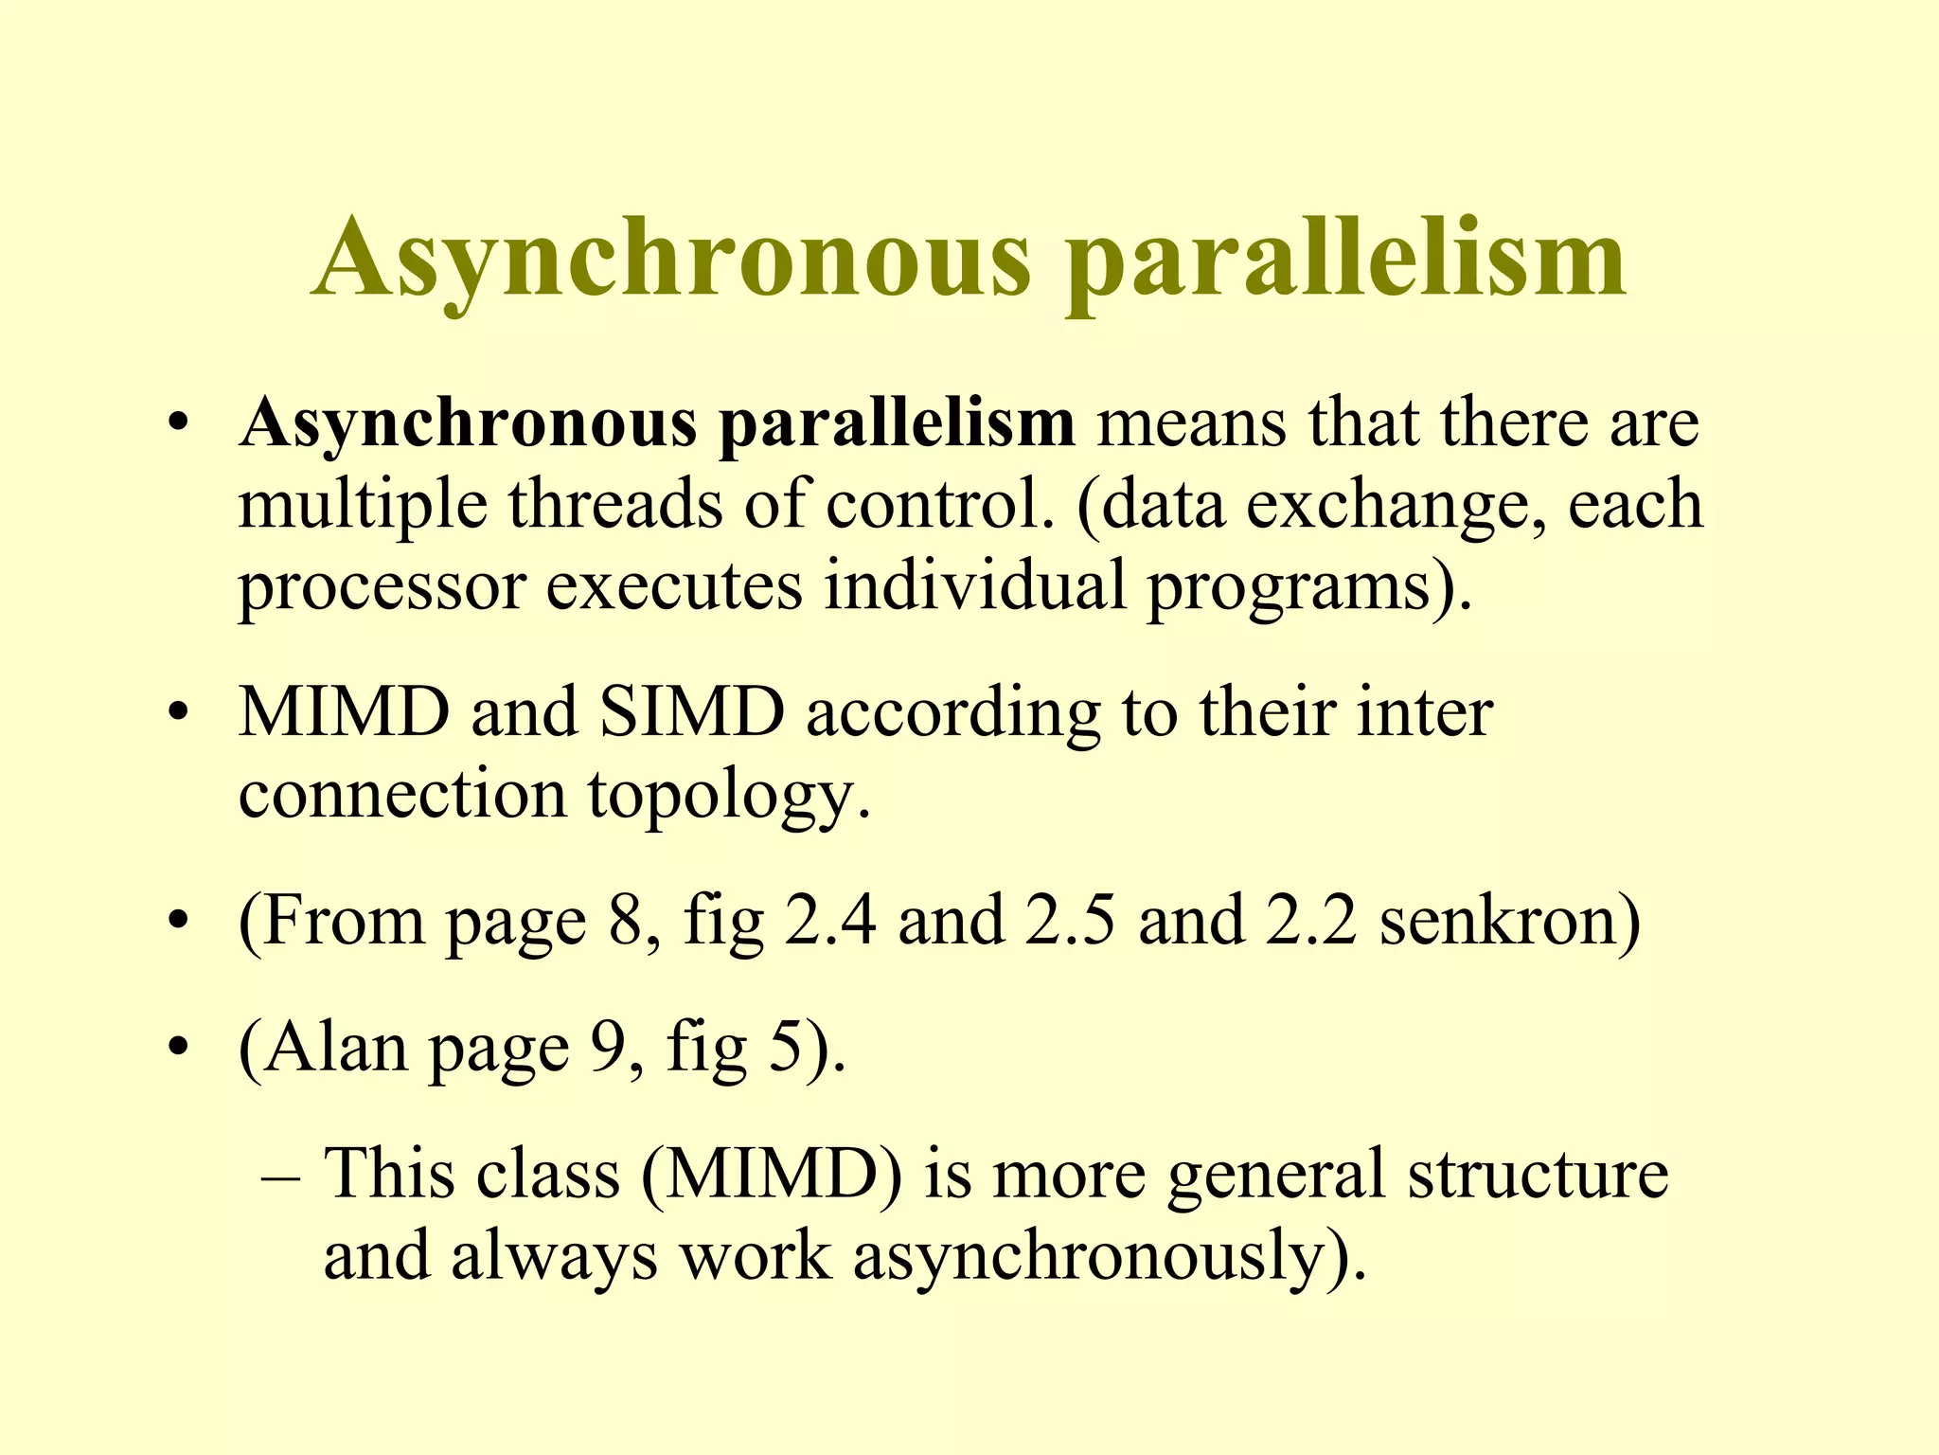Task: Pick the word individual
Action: tap(975, 585)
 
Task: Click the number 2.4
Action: tap(829, 921)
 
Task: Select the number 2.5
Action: tap(1070, 921)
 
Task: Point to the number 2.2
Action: tap(1311, 921)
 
